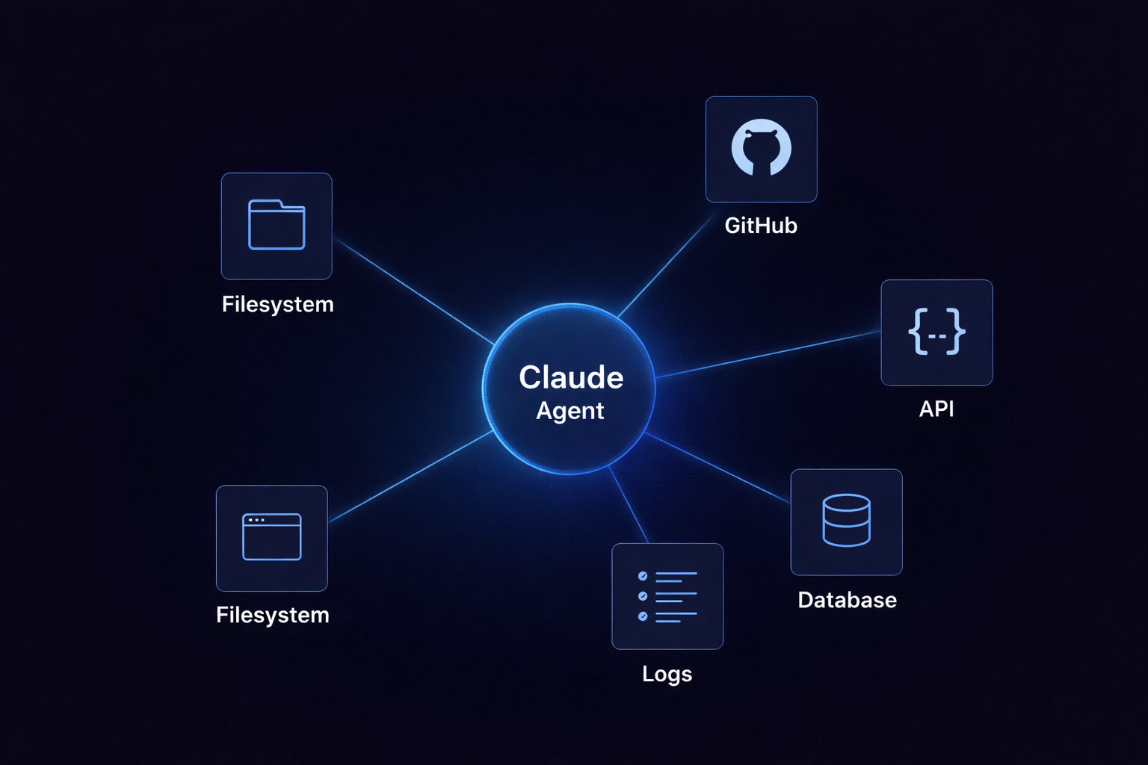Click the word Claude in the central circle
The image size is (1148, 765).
(x=571, y=377)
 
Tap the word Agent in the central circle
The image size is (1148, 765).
(x=570, y=411)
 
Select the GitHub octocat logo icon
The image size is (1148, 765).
(x=761, y=148)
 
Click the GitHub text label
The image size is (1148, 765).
(x=761, y=226)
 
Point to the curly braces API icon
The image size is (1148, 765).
(x=936, y=332)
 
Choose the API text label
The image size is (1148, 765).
(x=936, y=409)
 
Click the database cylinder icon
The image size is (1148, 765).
(x=846, y=520)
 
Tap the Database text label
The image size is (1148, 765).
(x=847, y=600)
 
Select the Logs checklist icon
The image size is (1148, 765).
(x=667, y=595)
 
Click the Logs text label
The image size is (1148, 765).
(x=667, y=674)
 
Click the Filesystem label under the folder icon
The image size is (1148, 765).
(x=277, y=305)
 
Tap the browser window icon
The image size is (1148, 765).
(x=272, y=536)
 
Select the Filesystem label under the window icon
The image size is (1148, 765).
(x=272, y=615)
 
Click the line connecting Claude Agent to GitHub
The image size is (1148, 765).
(x=664, y=266)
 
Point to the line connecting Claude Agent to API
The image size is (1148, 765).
(x=770, y=354)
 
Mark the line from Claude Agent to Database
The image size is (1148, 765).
(x=717, y=468)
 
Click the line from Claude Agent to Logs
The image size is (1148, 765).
(x=629, y=506)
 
